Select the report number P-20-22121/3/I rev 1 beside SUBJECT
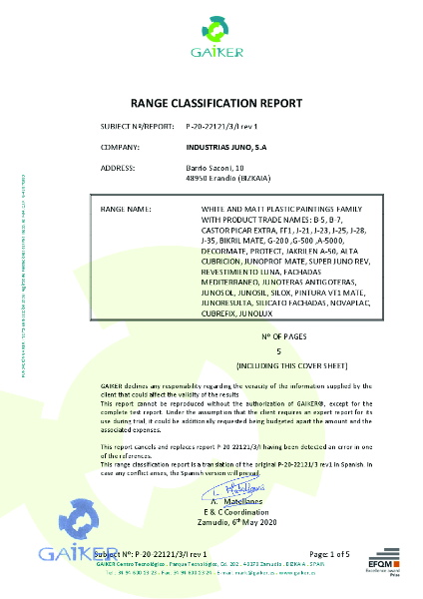222,127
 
